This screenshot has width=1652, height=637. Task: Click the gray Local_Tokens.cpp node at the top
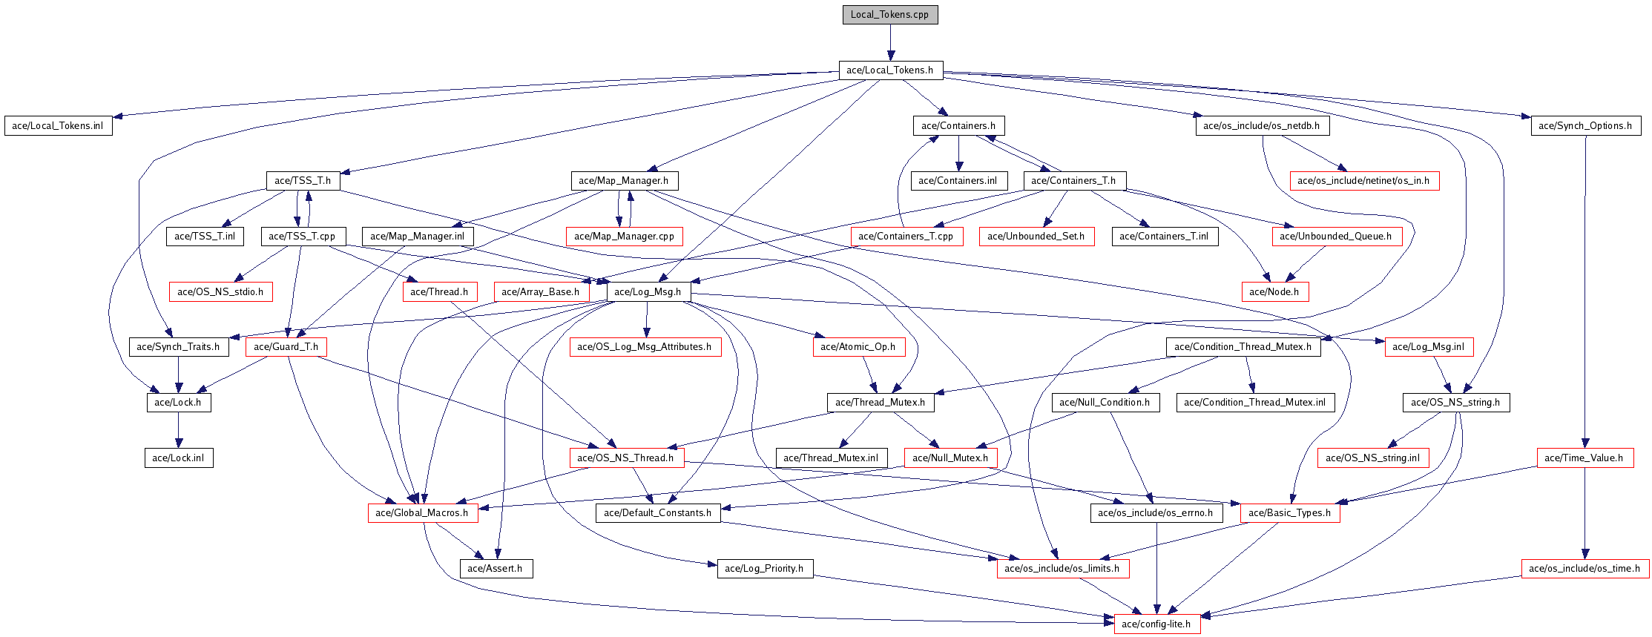click(889, 15)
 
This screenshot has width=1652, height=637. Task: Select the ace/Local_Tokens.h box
click(889, 70)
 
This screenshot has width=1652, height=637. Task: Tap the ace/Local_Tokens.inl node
click(57, 126)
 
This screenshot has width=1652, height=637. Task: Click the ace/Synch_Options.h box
click(1584, 126)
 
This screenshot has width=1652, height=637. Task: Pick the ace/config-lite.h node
click(1156, 624)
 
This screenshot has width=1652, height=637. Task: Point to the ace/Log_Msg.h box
click(648, 292)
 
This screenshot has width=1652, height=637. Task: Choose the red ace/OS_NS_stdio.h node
click(220, 292)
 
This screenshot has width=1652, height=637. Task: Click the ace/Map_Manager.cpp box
click(624, 237)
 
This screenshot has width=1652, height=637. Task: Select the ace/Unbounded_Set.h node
click(1036, 237)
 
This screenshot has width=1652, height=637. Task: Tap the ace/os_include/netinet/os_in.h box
click(1364, 181)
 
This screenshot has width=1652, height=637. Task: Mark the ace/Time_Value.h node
click(1584, 458)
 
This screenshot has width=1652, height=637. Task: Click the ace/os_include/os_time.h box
click(1584, 569)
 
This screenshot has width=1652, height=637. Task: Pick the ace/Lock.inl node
click(178, 458)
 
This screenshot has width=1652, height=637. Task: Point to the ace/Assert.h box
click(495, 569)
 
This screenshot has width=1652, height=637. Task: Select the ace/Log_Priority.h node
click(764, 569)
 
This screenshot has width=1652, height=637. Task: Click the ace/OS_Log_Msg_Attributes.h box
click(645, 347)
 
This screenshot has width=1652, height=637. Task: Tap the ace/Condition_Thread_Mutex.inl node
click(1254, 403)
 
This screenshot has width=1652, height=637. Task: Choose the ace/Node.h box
click(1274, 292)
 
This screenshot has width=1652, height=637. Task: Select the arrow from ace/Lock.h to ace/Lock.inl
click(178, 430)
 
